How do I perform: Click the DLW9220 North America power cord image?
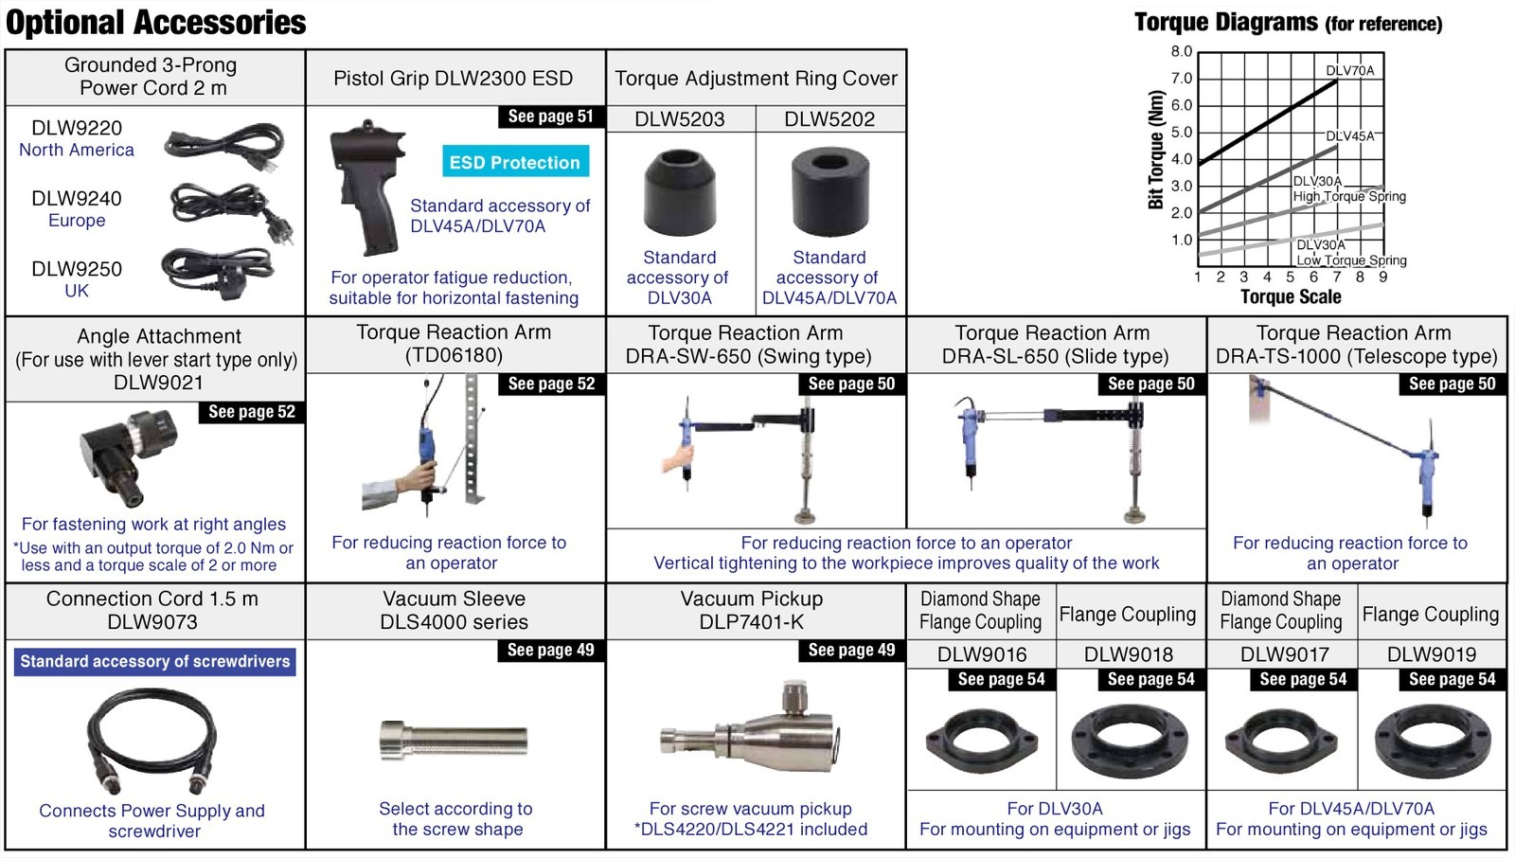click(224, 147)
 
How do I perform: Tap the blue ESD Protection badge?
click(515, 162)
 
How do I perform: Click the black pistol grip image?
click(367, 188)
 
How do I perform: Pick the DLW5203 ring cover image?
click(680, 193)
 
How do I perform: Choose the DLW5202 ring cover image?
click(829, 192)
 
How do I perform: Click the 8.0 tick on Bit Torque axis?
click(1182, 51)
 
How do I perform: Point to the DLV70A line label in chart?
click(1350, 70)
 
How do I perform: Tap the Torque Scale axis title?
click(1291, 296)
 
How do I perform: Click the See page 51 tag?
click(550, 116)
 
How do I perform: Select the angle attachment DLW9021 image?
click(129, 457)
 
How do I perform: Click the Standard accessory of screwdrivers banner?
click(155, 661)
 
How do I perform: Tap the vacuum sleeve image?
click(454, 741)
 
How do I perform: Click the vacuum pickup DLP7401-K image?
click(749, 728)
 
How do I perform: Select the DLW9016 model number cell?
click(981, 654)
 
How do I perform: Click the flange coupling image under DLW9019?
click(1433, 742)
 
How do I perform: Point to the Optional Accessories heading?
click(155, 23)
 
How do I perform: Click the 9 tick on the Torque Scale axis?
click(1383, 277)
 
